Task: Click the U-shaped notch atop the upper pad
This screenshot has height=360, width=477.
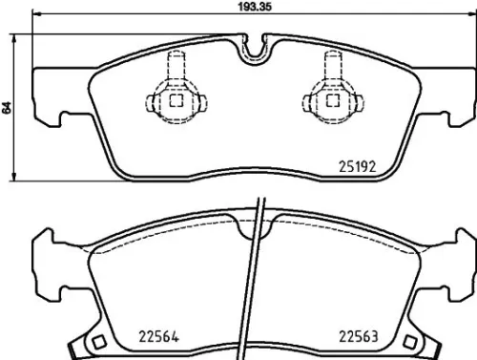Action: [x=253, y=48]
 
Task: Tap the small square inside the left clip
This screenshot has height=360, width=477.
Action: [x=174, y=98]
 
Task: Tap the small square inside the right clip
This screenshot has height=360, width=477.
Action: [x=332, y=98]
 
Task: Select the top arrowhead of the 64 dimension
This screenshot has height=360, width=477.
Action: [x=17, y=37]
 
